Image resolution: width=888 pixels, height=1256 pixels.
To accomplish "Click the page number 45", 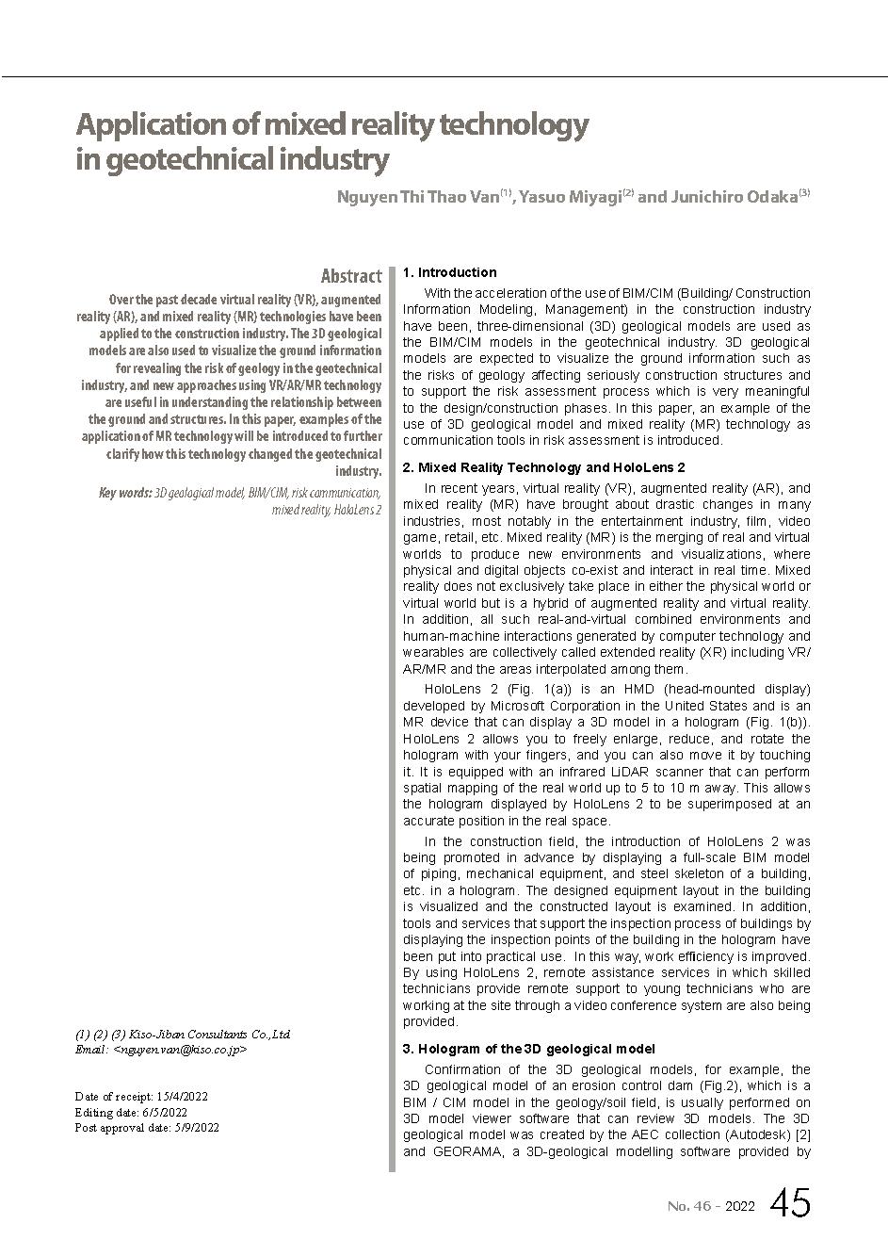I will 789,1203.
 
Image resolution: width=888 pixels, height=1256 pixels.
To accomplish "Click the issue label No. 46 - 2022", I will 710,1206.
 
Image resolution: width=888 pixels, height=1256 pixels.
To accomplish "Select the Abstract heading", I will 351,276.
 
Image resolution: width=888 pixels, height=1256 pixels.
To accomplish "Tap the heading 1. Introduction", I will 449,272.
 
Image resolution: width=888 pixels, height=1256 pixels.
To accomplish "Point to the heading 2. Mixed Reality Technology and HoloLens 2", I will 543,467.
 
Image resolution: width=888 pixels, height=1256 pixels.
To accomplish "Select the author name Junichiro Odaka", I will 733,198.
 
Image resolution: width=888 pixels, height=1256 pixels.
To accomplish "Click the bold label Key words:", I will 124,493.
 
